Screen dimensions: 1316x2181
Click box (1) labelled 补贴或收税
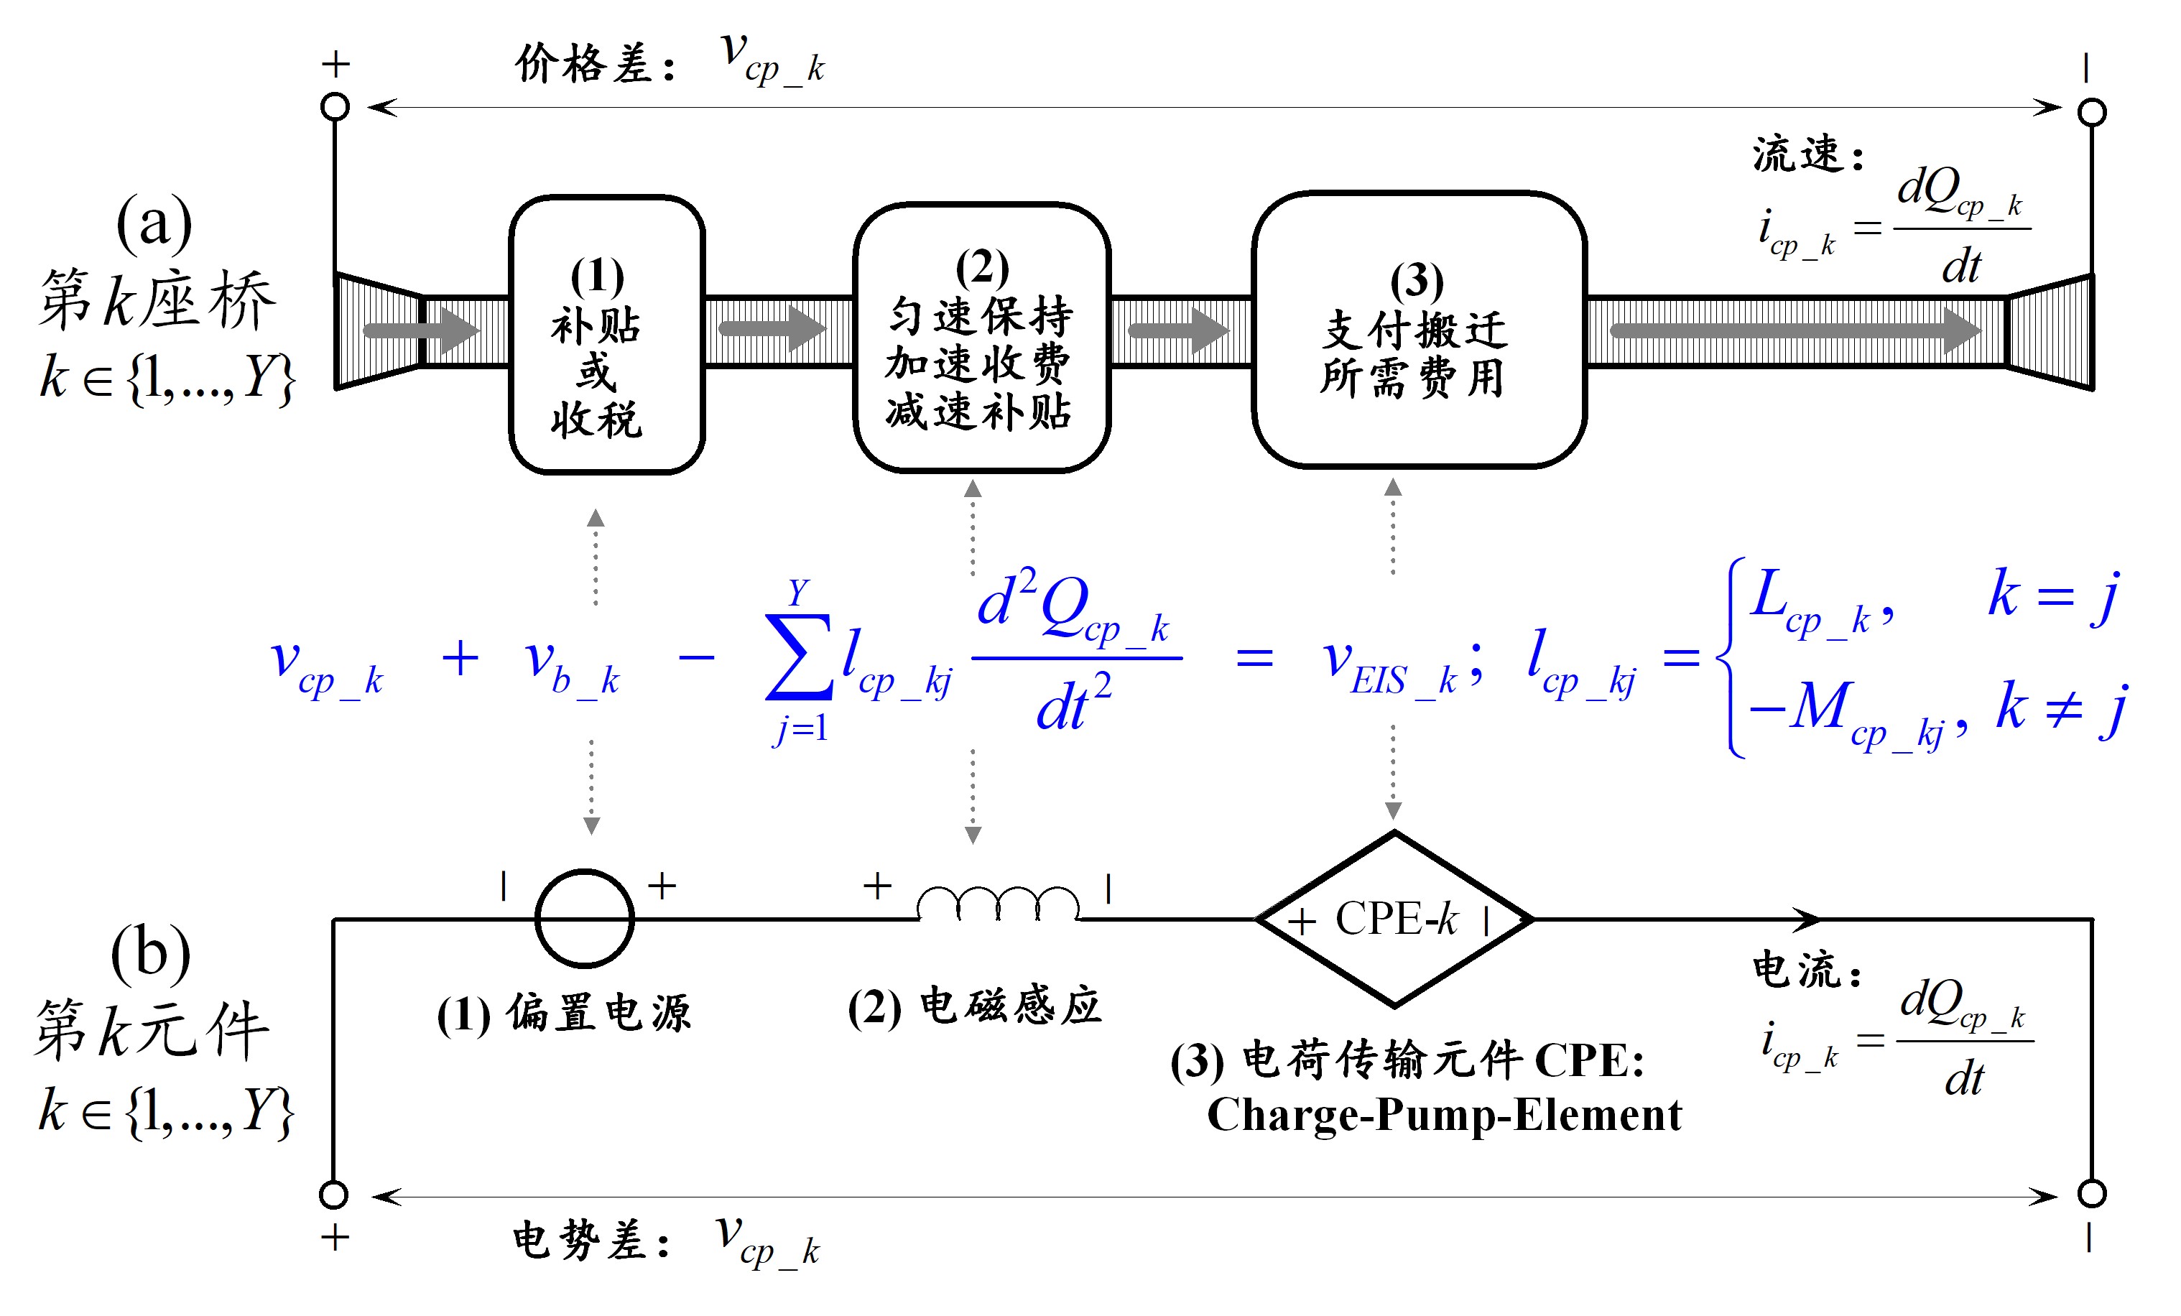pos(606,335)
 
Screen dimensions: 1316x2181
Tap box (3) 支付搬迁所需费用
pos(1418,329)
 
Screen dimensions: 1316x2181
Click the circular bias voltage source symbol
pos(584,918)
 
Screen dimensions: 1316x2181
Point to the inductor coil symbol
pos(998,904)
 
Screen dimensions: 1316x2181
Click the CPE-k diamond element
pos(1394,919)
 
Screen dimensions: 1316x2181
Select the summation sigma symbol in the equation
pos(798,657)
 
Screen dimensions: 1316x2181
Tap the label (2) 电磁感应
pos(973,1007)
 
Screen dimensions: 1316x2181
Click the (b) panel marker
pos(150,954)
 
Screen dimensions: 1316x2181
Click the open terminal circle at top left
pos(335,107)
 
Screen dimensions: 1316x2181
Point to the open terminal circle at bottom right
pos(2092,1193)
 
